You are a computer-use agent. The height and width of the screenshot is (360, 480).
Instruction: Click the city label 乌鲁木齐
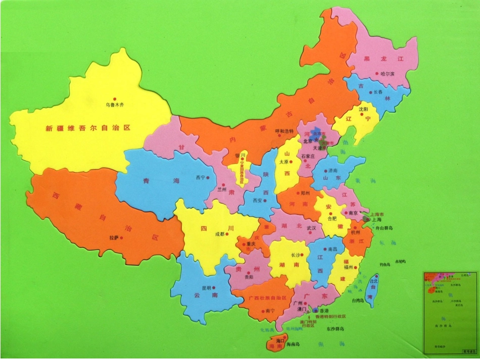coord(114,105)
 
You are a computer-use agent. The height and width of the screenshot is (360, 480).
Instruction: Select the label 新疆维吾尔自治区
coord(88,128)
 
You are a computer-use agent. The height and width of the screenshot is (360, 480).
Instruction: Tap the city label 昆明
coord(206,288)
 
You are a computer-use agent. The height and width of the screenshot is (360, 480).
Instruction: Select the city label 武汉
coord(311,228)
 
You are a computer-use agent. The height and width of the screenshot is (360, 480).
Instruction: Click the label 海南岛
coord(293,345)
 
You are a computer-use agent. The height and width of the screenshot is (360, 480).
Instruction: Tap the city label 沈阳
coord(363,109)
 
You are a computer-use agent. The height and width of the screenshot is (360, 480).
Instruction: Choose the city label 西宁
coord(200,178)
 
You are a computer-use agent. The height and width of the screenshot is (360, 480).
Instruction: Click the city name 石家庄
coord(308,157)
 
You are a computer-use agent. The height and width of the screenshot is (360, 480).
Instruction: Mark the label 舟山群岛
coord(383,228)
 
